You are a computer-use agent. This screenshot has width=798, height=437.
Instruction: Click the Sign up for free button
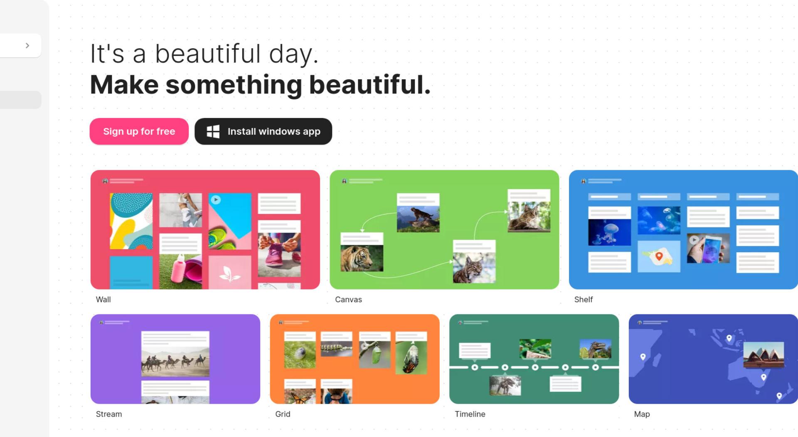tap(139, 131)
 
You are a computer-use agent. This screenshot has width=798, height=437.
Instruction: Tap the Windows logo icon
tap(213, 132)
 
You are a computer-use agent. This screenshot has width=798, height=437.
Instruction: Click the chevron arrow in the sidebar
tap(27, 45)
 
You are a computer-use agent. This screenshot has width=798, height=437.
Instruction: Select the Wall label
tap(103, 300)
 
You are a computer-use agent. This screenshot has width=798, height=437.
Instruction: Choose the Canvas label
tap(348, 300)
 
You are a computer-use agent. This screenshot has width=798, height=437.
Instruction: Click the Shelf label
tap(583, 300)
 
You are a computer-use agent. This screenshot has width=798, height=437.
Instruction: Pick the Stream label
tap(109, 414)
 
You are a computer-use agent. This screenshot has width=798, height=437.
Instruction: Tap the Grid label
tap(283, 414)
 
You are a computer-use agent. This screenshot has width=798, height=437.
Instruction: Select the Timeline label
tap(470, 414)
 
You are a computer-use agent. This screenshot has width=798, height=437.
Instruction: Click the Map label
tap(642, 414)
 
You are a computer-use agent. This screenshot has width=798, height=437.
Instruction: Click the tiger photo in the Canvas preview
tap(362, 258)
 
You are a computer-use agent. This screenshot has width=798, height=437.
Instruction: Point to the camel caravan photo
tap(175, 361)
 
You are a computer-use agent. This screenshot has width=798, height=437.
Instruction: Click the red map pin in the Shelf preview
tap(659, 256)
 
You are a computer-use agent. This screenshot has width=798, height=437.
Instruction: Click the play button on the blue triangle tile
tap(215, 200)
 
